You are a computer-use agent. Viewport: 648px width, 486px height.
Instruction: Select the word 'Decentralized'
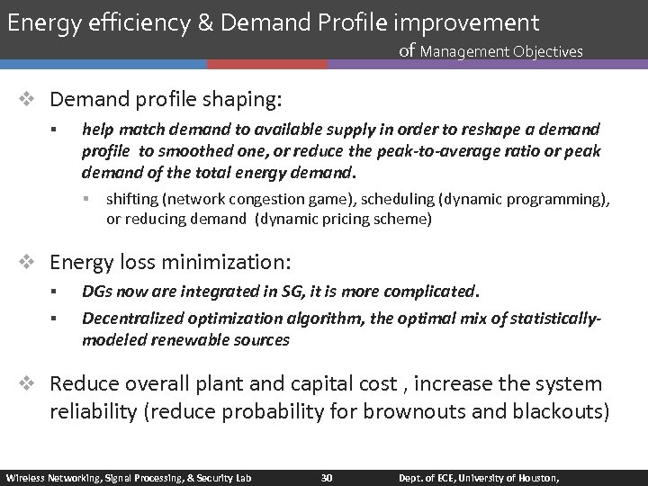tap(127, 318)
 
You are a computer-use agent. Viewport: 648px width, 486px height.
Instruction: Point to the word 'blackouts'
tap(563, 412)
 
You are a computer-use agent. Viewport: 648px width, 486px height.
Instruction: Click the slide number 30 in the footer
tap(327, 477)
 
